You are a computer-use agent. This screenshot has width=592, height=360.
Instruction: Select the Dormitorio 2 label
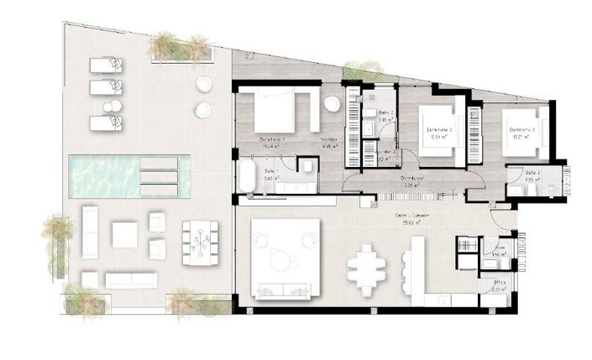click(439, 130)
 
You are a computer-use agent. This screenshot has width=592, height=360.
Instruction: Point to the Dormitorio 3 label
click(521, 130)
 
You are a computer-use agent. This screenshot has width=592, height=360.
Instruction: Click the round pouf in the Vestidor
click(333, 104)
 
